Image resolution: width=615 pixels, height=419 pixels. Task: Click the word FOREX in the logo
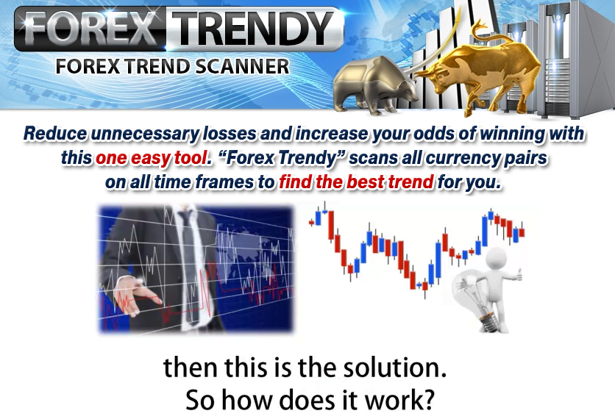point(90,29)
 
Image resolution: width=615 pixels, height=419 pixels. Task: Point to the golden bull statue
point(478,74)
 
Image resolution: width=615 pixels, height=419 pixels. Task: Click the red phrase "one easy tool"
point(138,158)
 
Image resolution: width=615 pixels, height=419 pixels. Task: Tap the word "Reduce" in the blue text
point(55,135)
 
